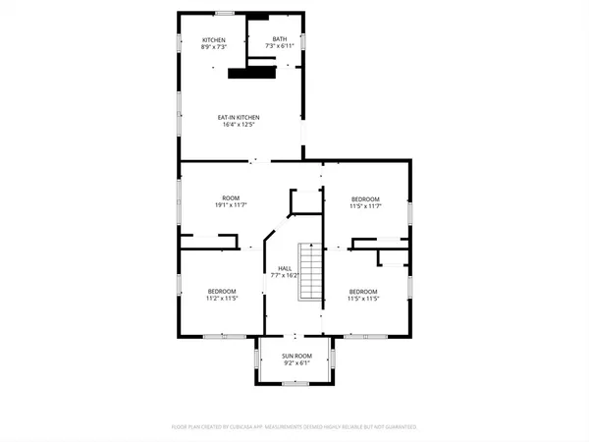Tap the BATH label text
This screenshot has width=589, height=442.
point(280,40)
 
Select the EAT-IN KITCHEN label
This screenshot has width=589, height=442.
point(239,118)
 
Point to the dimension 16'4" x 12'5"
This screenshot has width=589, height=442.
point(239,126)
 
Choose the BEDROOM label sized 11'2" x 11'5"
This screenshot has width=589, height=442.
point(221,291)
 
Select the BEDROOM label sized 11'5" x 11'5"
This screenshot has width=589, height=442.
point(364,291)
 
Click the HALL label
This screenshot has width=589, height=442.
point(285,268)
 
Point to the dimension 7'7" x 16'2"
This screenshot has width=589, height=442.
point(285,276)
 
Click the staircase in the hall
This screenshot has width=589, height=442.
point(310,274)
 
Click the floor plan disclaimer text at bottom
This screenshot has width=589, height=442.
point(294,427)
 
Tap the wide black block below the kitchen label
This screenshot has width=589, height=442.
point(251,72)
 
